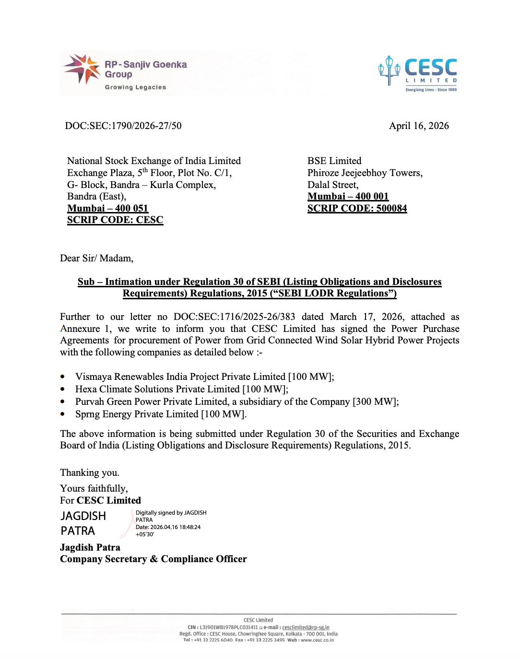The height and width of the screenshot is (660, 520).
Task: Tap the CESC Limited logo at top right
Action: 418,73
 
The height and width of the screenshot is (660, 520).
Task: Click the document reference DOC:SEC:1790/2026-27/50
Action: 123,126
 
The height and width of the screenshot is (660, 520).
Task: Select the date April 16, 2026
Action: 419,126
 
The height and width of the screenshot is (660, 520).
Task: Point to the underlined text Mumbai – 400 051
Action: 107,208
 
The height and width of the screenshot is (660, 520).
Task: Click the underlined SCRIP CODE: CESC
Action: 115,220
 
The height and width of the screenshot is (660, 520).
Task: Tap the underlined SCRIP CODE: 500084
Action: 357,208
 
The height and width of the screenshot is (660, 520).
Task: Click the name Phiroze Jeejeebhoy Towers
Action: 365,173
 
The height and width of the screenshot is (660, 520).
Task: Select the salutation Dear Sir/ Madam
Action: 96,258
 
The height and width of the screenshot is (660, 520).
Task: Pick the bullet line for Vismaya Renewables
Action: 204,377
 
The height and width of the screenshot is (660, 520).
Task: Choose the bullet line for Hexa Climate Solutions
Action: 181,389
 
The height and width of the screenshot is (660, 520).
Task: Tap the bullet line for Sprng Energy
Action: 161,414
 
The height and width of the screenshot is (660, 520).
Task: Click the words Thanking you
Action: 90,472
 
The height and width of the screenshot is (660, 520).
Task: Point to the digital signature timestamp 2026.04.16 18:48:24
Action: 175,527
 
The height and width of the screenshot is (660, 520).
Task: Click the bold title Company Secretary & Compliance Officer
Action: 154,559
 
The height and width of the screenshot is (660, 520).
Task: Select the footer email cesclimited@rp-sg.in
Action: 306,627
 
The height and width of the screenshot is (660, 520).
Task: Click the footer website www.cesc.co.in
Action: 317,640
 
